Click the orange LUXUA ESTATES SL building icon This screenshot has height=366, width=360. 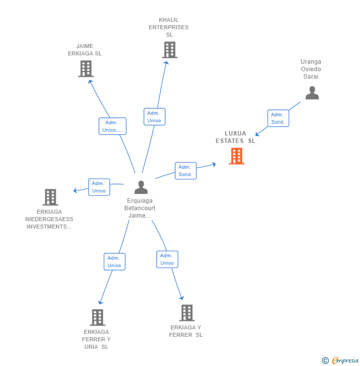[x=236, y=156]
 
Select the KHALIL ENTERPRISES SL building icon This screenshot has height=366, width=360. [x=169, y=50]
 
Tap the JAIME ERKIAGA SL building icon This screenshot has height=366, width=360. [x=86, y=69]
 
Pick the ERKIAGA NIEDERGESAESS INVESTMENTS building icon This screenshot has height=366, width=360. [x=50, y=197]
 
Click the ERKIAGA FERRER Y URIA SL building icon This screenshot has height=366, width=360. [x=97, y=317]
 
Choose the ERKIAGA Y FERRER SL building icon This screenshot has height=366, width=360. [x=186, y=313]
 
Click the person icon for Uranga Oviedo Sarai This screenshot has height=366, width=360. [x=312, y=93]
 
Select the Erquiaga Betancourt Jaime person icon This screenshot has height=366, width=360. [x=141, y=187]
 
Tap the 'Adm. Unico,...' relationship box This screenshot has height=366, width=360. [x=112, y=126]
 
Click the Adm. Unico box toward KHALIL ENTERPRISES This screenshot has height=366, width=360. [x=154, y=117]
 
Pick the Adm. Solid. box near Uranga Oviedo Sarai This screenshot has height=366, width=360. [x=278, y=118]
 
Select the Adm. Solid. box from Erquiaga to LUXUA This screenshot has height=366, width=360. [x=185, y=171]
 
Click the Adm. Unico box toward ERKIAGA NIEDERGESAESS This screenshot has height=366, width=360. [x=99, y=187]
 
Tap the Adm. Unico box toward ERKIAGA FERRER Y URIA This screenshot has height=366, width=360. [x=114, y=262]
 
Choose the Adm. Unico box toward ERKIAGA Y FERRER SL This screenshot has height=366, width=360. [x=167, y=259]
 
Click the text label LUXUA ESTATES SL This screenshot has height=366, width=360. [x=235, y=137]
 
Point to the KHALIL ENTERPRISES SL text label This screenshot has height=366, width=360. [x=169, y=27]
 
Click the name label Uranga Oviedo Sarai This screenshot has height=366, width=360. [x=311, y=69]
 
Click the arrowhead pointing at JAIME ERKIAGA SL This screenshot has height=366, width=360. [x=90, y=81]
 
